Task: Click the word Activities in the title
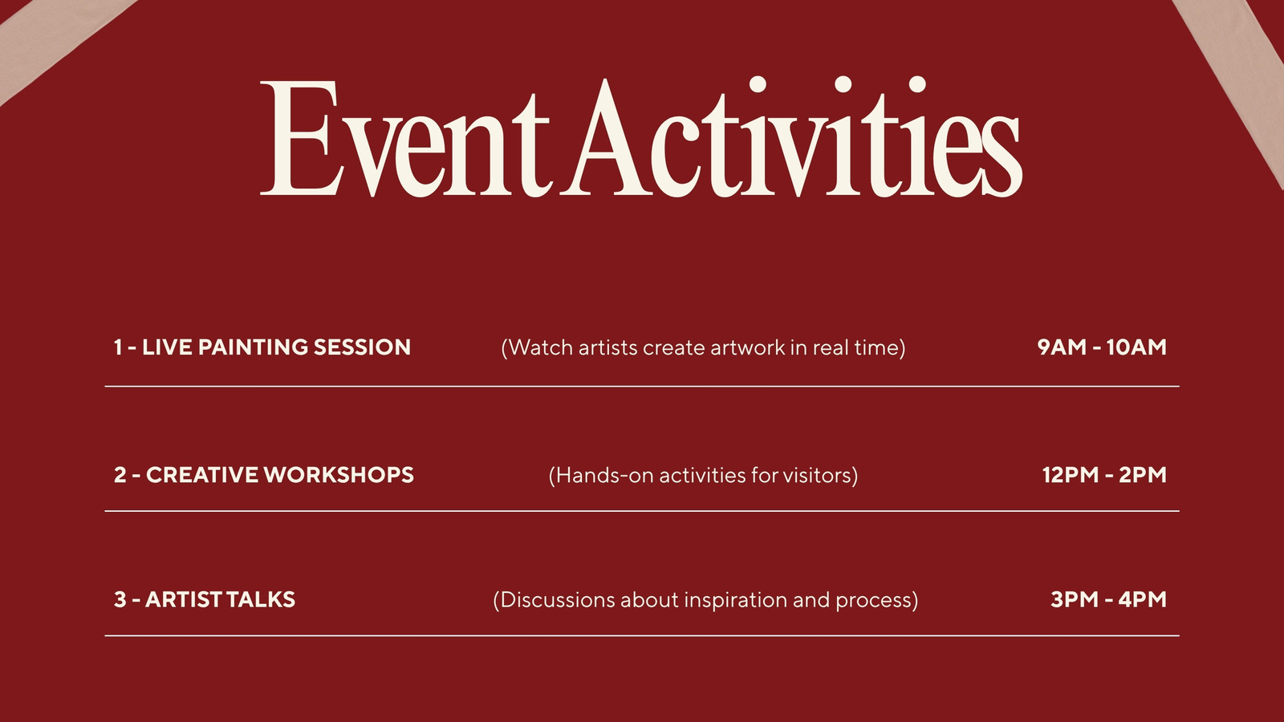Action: pos(791,137)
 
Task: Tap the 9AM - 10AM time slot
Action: pos(1102,347)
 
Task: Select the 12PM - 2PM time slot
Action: pos(1104,475)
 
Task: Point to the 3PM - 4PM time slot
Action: pos(1108,599)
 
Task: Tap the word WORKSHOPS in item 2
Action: pos(338,475)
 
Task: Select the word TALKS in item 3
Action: pos(260,599)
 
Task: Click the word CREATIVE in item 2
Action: pos(201,475)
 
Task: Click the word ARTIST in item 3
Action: pos(184,599)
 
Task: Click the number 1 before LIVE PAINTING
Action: pos(118,347)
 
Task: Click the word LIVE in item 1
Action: pos(167,347)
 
